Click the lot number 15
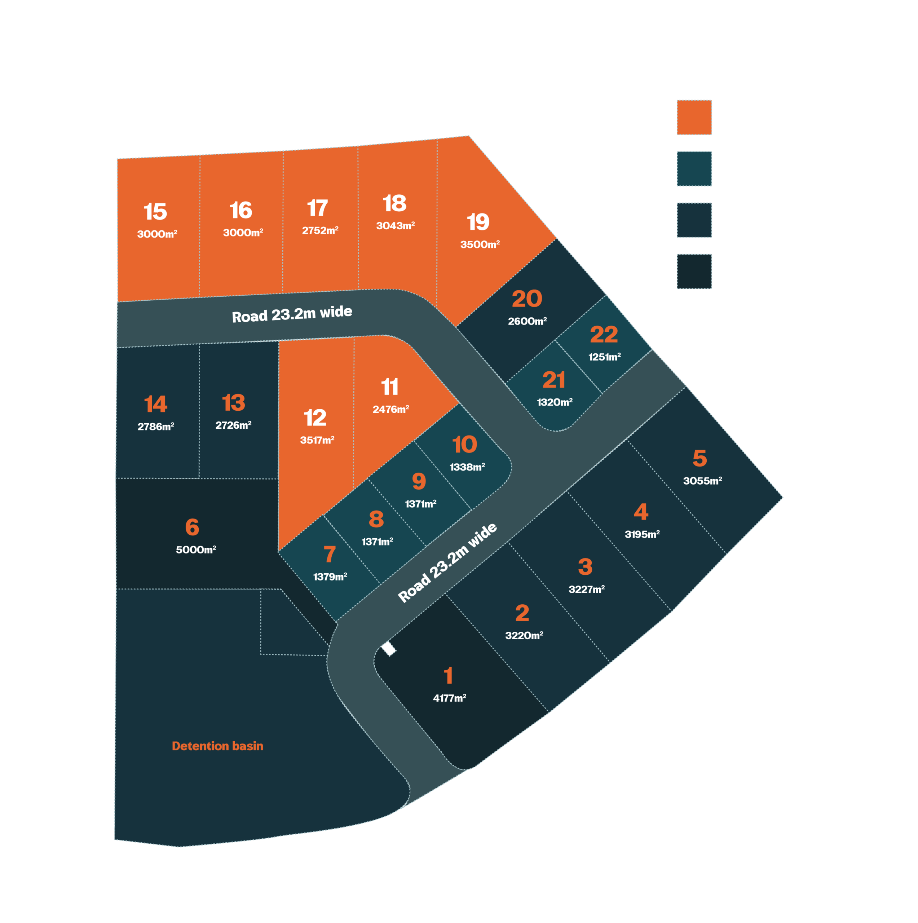click(x=155, y=212)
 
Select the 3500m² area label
click(x=480, y=244)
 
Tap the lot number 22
click(x=604, y=335)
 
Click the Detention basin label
click(x=217, y=746)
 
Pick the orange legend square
click(x=694, y=117)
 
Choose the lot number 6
click(x=192, y=527)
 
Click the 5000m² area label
click(x=196, y=549)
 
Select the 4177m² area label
click(x=450, y=698)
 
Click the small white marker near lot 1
click(x=389, y=648)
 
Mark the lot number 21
click(x=554, y=380)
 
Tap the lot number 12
click(x=315, y=418)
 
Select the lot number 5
click(x=699, y=458)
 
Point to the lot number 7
click(x=330, y=555)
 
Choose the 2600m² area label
click(x=528, y=321)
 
